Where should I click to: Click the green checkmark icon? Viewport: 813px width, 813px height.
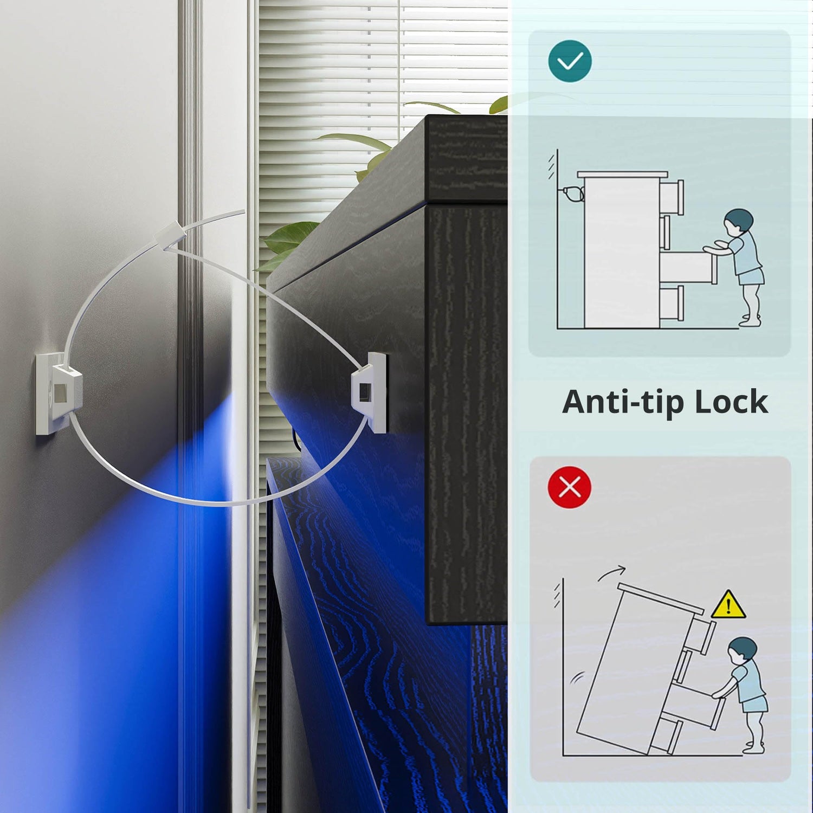[570, 61]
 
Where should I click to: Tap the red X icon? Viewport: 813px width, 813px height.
[570, 487]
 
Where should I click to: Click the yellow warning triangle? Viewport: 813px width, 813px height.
[728, 605]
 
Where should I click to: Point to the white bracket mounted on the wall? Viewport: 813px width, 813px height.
[59, 393]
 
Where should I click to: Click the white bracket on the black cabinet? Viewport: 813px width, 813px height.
[370, 392]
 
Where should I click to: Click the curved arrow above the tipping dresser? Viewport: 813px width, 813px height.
[611, 573]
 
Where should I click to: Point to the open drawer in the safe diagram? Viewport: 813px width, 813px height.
[688, 267]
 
